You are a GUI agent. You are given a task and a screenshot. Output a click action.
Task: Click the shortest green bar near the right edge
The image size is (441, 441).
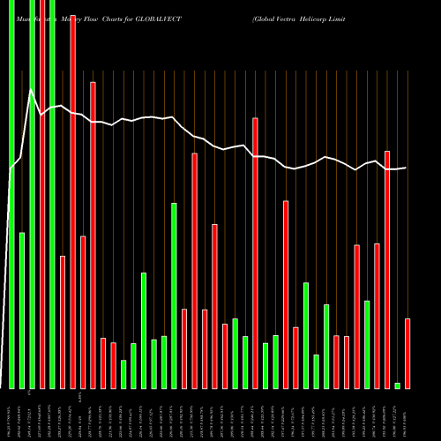click(397, 385)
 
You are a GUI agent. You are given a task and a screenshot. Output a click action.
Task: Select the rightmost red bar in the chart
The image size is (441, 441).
click(407, 353)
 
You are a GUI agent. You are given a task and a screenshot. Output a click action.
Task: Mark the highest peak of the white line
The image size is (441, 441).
click(32, 90)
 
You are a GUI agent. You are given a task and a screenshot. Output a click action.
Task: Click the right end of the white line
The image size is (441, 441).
click(406, 168)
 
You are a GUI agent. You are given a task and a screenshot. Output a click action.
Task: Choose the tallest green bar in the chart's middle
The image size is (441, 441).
click(174, 295)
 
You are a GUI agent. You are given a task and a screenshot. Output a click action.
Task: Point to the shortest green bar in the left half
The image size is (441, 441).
click(123, 374)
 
